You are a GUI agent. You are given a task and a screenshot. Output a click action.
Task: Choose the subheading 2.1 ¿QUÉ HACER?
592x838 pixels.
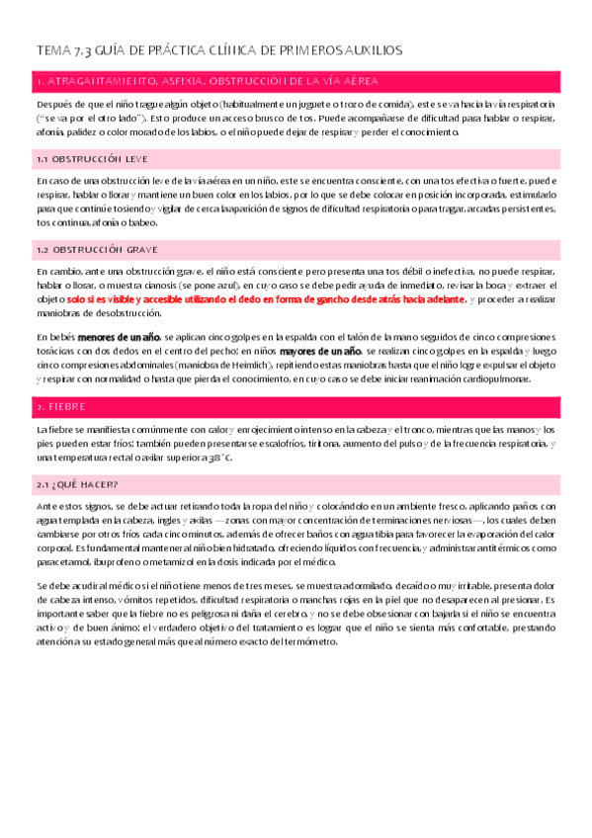click(x=77, y=483)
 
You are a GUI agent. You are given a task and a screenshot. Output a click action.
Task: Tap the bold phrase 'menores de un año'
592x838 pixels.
click(x=121, y=338)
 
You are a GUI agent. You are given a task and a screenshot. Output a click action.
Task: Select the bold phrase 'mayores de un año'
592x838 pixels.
click(x=321, y=351)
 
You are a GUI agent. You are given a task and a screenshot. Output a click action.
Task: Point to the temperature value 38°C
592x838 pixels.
click(x=219, y=459)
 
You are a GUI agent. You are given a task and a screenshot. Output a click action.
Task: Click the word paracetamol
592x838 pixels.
click(x=62, y=560)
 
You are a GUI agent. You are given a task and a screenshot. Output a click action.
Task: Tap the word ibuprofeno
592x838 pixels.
click(x=117, y=560)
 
